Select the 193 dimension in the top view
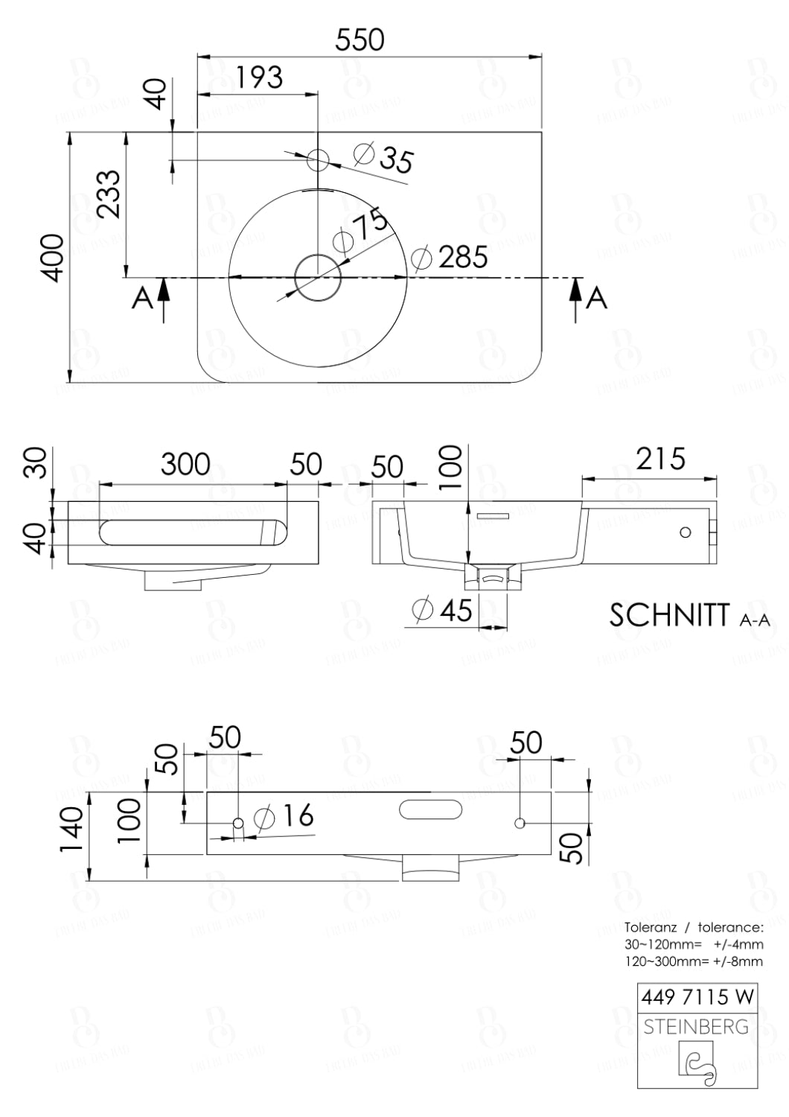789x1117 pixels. click(x=260, y=77)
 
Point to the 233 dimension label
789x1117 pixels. click(x=109, y=194)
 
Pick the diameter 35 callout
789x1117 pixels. click(x=385, y=158)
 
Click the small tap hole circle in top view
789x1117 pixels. click(x=318, y=159)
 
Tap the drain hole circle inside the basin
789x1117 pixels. click(x=318, y=277)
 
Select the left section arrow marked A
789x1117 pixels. click(x=163, y=299)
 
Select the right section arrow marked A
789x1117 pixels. click(x=576, y=299)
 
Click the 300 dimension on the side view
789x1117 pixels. click(x=185, y=465)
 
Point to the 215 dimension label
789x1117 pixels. click(x=660, y=459)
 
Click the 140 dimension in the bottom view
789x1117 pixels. click(x=71, y=833)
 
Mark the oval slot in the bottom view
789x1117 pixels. click(x=431, y=809)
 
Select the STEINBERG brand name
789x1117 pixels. click(x=696, y=1027)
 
